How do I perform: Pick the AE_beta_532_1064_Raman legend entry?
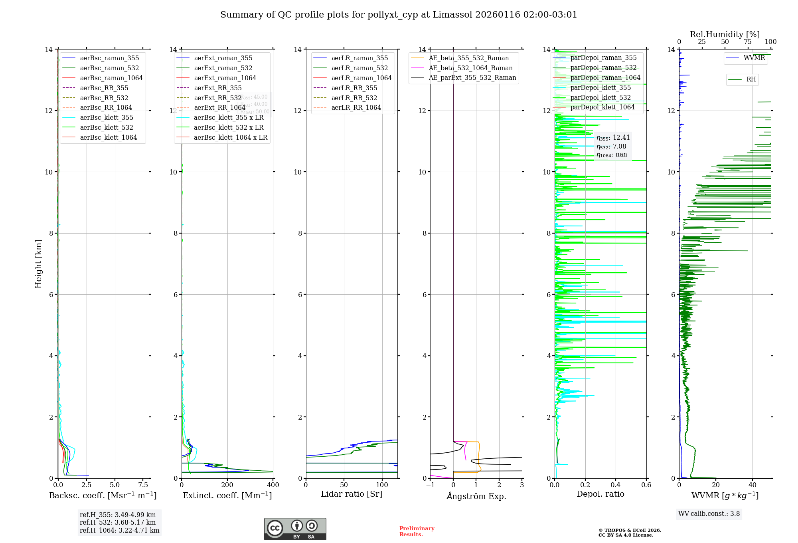click(x=470, y=68)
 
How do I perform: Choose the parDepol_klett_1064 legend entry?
click(x=602, y=107)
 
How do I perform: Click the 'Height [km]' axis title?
click(x=38, y=264)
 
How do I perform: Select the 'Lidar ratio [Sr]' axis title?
click(x=352, y=494)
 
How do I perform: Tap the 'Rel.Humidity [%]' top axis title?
click(x=725, y=34)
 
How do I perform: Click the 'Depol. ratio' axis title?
click(x=600, y=494)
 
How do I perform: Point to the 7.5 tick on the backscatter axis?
click(x=143, y=485)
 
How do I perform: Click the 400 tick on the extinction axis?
click(x=273, y=485)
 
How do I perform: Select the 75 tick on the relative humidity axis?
click(x=748, y=42)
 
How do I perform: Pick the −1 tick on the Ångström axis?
click(x=430, y=485)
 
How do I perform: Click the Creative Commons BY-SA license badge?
click(x=295, y=529)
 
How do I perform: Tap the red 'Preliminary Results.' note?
click(x=417, y=531)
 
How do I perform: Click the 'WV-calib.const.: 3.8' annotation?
click(x=709, y=513)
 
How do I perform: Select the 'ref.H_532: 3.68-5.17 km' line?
click(x=118, y=522)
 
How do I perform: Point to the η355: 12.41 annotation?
click(x=613, y=138)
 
